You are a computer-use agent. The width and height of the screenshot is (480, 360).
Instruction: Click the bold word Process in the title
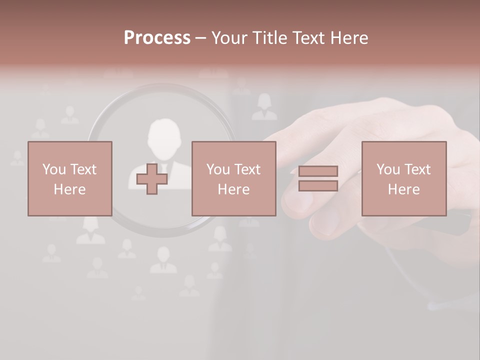[x=157, y=37]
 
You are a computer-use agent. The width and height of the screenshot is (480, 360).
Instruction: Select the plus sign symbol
[x=152, y=179]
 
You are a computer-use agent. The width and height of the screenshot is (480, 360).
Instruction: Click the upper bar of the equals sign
[x=318, y=171]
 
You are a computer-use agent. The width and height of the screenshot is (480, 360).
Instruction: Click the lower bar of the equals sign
[x=318, y=185]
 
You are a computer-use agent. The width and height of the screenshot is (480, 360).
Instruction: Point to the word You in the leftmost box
[x=54, y=169]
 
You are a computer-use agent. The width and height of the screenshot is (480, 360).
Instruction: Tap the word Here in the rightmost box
[x=403, y=189]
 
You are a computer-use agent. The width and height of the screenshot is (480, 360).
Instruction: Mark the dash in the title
[x=200, y=38]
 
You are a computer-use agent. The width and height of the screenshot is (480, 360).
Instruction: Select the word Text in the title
[x=307, y=38]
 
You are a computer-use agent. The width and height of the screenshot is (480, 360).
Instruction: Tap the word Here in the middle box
[x=233, y=189]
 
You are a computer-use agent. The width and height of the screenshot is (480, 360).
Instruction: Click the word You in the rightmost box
[x=388, y=169]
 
